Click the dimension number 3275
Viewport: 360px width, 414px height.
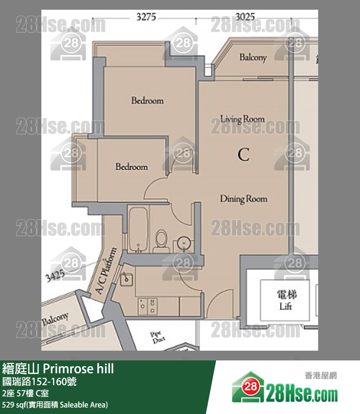[146, 17]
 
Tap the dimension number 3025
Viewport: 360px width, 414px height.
[245, 17]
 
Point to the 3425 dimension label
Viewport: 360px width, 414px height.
[55, 276]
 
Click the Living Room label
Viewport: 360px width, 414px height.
[242, 119]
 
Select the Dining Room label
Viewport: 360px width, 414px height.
[244, 199]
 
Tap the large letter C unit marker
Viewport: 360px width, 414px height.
[243, 154]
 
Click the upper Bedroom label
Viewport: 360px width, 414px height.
[147, 100]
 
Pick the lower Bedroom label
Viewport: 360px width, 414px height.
[132, 167]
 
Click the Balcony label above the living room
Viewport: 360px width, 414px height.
[253, 57]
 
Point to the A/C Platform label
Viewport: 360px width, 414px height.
[106, 271]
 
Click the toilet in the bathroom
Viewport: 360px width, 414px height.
[161, 241]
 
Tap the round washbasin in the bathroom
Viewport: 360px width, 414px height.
[182, 243]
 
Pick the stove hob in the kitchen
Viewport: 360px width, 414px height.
[148, 306]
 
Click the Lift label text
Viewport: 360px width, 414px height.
[286, 306]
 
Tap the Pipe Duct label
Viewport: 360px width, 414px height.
[158, 337]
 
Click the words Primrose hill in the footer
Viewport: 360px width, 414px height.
[78, 369]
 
